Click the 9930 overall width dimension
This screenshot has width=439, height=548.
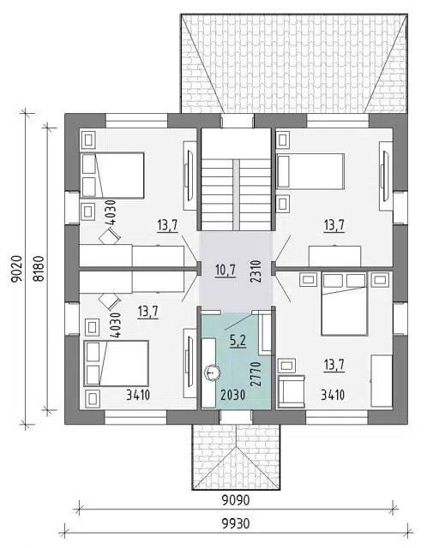(236, 524)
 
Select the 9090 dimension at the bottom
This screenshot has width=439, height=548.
(236, 500)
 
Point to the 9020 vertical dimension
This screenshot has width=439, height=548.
(16, 269)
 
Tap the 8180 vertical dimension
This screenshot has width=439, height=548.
(39, 269)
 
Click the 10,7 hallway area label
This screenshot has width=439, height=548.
(226, 271)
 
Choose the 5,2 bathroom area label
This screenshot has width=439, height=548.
(238, 341)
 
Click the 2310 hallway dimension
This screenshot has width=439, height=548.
(256, 271)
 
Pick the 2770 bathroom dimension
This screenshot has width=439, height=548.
(256, 373)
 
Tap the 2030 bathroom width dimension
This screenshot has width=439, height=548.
(233, 395)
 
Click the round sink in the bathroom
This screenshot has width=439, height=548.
(211, 372)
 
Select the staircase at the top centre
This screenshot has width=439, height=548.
(237, 194)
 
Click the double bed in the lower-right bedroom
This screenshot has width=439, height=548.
(345, 304)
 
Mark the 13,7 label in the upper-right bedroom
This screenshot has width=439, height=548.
(334, 225)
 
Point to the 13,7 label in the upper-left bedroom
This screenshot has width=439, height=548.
(168, 225)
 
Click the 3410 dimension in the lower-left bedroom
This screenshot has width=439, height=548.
(138, 395)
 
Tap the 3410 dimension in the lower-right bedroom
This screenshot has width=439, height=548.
(333, 395)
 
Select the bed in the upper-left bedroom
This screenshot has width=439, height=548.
(112, 176)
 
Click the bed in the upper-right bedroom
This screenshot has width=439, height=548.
(310, 171)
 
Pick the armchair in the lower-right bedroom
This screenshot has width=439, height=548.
(292, 391)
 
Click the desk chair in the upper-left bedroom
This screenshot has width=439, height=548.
(110, 236)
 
